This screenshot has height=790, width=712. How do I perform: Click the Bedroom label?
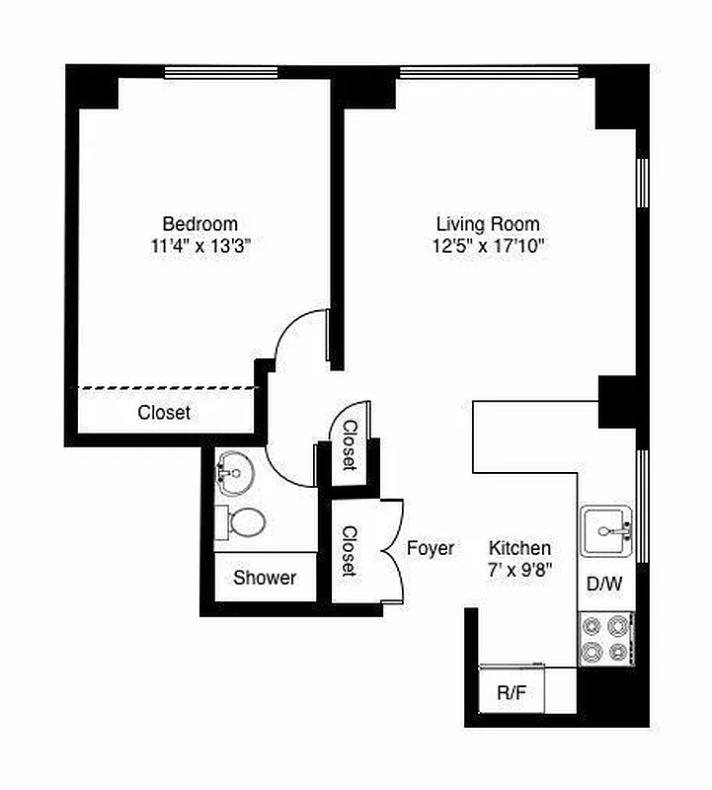199,224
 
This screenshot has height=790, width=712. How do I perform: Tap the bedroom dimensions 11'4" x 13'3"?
199,247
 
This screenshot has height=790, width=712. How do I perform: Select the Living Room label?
488,224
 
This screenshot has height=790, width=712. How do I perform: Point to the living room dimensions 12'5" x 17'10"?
488,247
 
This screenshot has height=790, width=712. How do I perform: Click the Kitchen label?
520,548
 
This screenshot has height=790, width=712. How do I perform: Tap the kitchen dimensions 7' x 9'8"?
520,570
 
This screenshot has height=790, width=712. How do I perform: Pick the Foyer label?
431,548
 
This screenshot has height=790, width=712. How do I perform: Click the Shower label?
265,578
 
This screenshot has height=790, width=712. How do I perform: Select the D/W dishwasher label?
604,584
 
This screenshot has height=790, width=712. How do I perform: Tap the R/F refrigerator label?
511,692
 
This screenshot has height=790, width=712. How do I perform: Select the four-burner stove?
605,638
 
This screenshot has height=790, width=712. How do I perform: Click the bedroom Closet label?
164,413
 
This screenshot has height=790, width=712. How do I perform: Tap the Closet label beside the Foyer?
350,551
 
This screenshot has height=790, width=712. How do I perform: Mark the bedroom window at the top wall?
220,71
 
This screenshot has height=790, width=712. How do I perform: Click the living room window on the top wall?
488,71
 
